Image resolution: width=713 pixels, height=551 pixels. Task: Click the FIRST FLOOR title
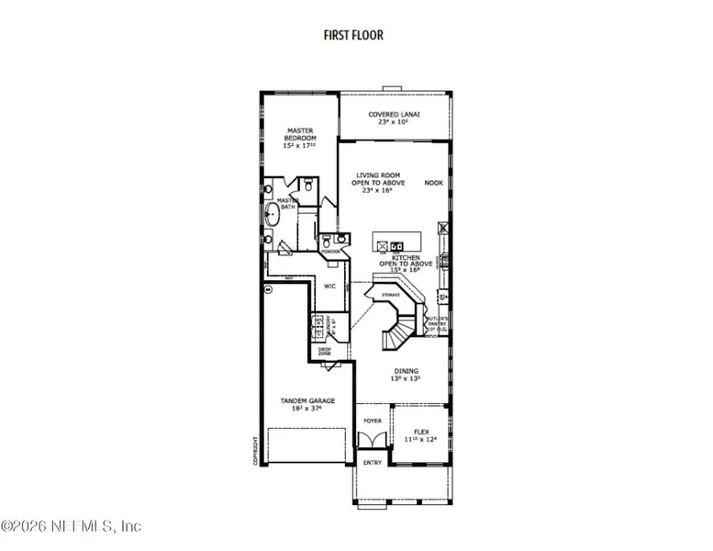tap(353, 36)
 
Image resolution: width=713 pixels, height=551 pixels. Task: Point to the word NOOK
tap(433, 183)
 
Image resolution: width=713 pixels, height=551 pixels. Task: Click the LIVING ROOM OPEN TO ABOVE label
tap(378, 183)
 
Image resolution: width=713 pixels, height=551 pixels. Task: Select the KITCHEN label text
tap(400, 262)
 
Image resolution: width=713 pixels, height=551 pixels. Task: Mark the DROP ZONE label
tap(325, 352)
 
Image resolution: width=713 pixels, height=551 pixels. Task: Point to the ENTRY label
tap(372, 462)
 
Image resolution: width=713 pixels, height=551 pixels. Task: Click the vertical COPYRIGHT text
tap(256, 439)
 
